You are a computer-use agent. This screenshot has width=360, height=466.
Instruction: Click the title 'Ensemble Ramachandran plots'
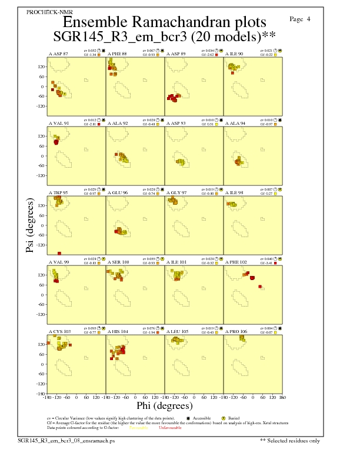pos(171,22)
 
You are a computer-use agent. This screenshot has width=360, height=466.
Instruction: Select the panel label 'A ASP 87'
pos(58,54)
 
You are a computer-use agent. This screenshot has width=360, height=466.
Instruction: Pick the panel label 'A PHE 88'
pos(117,54)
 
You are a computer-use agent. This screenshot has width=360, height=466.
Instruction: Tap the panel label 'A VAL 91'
pos(58,124)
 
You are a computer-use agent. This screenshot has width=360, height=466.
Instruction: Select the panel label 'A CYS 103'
pos(59,332)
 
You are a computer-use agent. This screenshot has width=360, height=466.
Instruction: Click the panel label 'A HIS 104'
pos(117,332)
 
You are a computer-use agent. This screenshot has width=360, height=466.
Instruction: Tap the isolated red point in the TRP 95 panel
pos(59,254)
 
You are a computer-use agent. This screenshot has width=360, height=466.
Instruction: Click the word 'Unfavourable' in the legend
pos(170,428)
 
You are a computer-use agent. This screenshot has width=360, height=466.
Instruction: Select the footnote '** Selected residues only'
pos(291,440)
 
